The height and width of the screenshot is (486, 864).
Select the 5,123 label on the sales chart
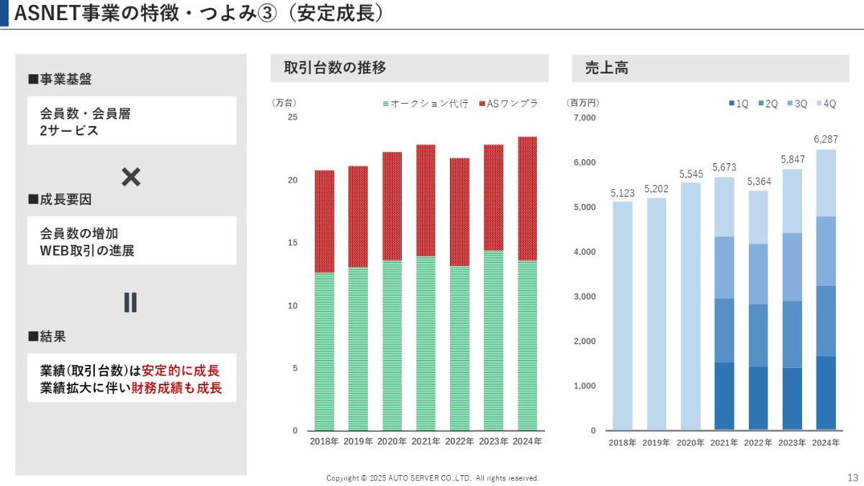623,193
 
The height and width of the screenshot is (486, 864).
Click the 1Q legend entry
739,104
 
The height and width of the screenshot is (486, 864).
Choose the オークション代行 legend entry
426,104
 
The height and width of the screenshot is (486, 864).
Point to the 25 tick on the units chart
292,117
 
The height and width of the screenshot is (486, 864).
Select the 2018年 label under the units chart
324,441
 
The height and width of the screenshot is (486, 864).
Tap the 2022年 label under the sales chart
757,443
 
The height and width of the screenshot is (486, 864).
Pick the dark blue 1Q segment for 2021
724,396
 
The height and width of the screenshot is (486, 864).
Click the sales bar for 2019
657,314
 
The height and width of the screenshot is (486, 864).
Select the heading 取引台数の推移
336,68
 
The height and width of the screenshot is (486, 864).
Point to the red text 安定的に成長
181,371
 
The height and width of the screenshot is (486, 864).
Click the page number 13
852,478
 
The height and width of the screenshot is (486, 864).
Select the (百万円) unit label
582,104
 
